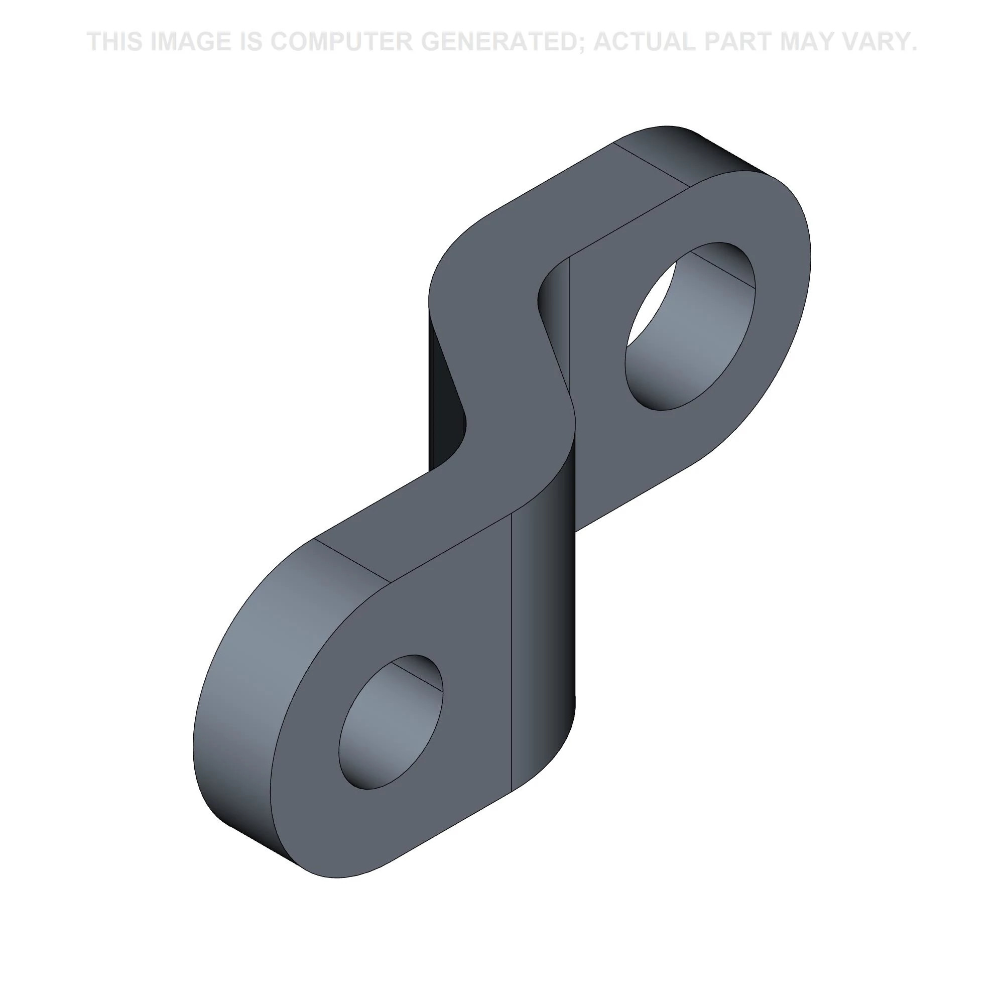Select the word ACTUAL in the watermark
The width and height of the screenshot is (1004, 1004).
click(x=644, y=42)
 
